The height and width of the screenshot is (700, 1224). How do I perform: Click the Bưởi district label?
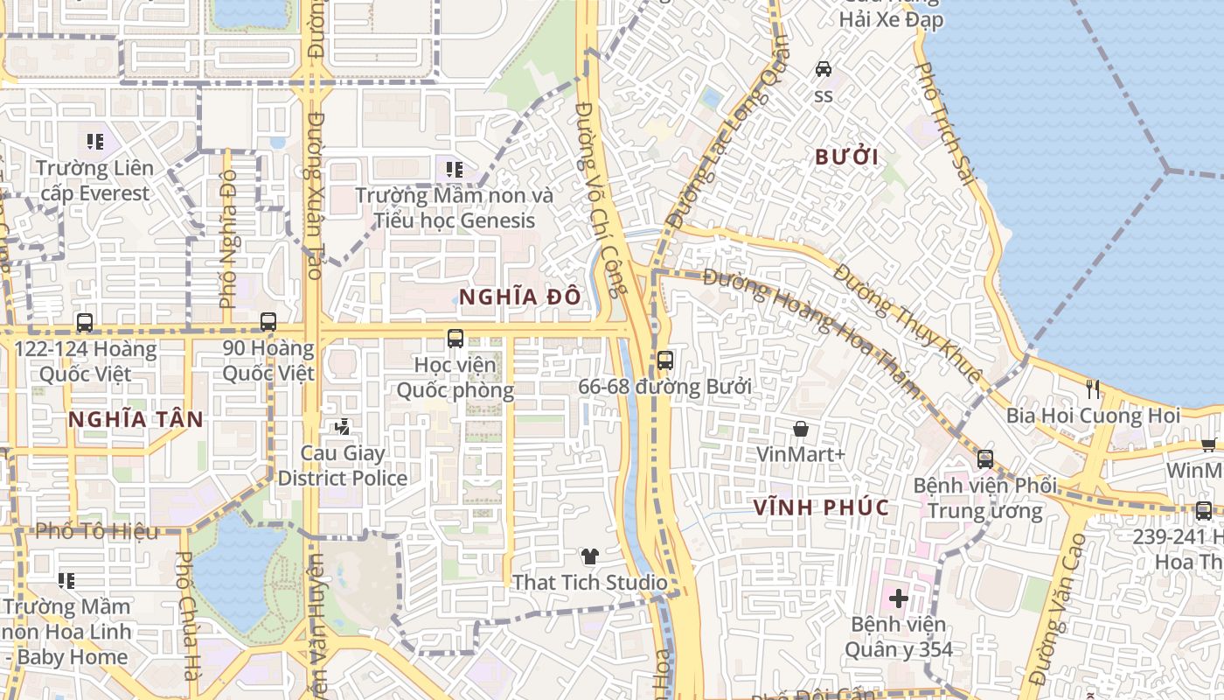click(x=846, y=157)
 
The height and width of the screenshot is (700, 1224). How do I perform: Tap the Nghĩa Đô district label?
click(x=519, y=297)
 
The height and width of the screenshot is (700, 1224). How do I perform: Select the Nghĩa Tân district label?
click(x=136, y=419)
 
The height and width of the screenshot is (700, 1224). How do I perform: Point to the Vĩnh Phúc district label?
click(x=821, y=507)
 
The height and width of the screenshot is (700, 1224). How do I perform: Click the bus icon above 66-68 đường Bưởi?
click(x=664, y=360)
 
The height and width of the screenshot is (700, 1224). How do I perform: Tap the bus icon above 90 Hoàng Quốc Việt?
click(x=268, y=322)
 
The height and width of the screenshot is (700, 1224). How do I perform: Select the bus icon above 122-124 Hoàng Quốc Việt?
click(x=85, y=322)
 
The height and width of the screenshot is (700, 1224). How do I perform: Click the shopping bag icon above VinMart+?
click(x=800, y=429)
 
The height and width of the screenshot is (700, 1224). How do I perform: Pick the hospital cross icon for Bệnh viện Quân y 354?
click(x=898, y=598)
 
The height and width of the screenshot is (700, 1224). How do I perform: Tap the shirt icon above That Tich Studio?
click(x=590, y=556)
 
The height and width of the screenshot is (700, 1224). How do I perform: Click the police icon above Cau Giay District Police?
click(x=342, y=427)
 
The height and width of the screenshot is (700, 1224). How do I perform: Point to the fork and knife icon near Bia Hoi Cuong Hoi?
click(x=1093, y=389)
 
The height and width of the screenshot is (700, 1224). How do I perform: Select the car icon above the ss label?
click(x=823, y=68)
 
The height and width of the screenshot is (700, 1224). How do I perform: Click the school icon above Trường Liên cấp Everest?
click(x=95, y=141)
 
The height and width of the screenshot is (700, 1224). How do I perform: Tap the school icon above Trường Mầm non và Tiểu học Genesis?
click(x=454, y=169)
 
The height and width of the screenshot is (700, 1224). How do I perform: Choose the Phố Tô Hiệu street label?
click(x=97, y=531)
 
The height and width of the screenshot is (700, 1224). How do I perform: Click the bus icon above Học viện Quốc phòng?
click(x=455, y=338)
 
